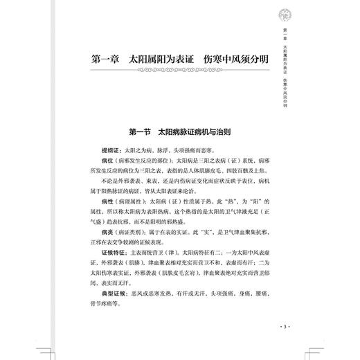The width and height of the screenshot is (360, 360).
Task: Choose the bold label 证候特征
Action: click(114, 255)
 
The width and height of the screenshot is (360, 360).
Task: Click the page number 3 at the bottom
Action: click(281, 325)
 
